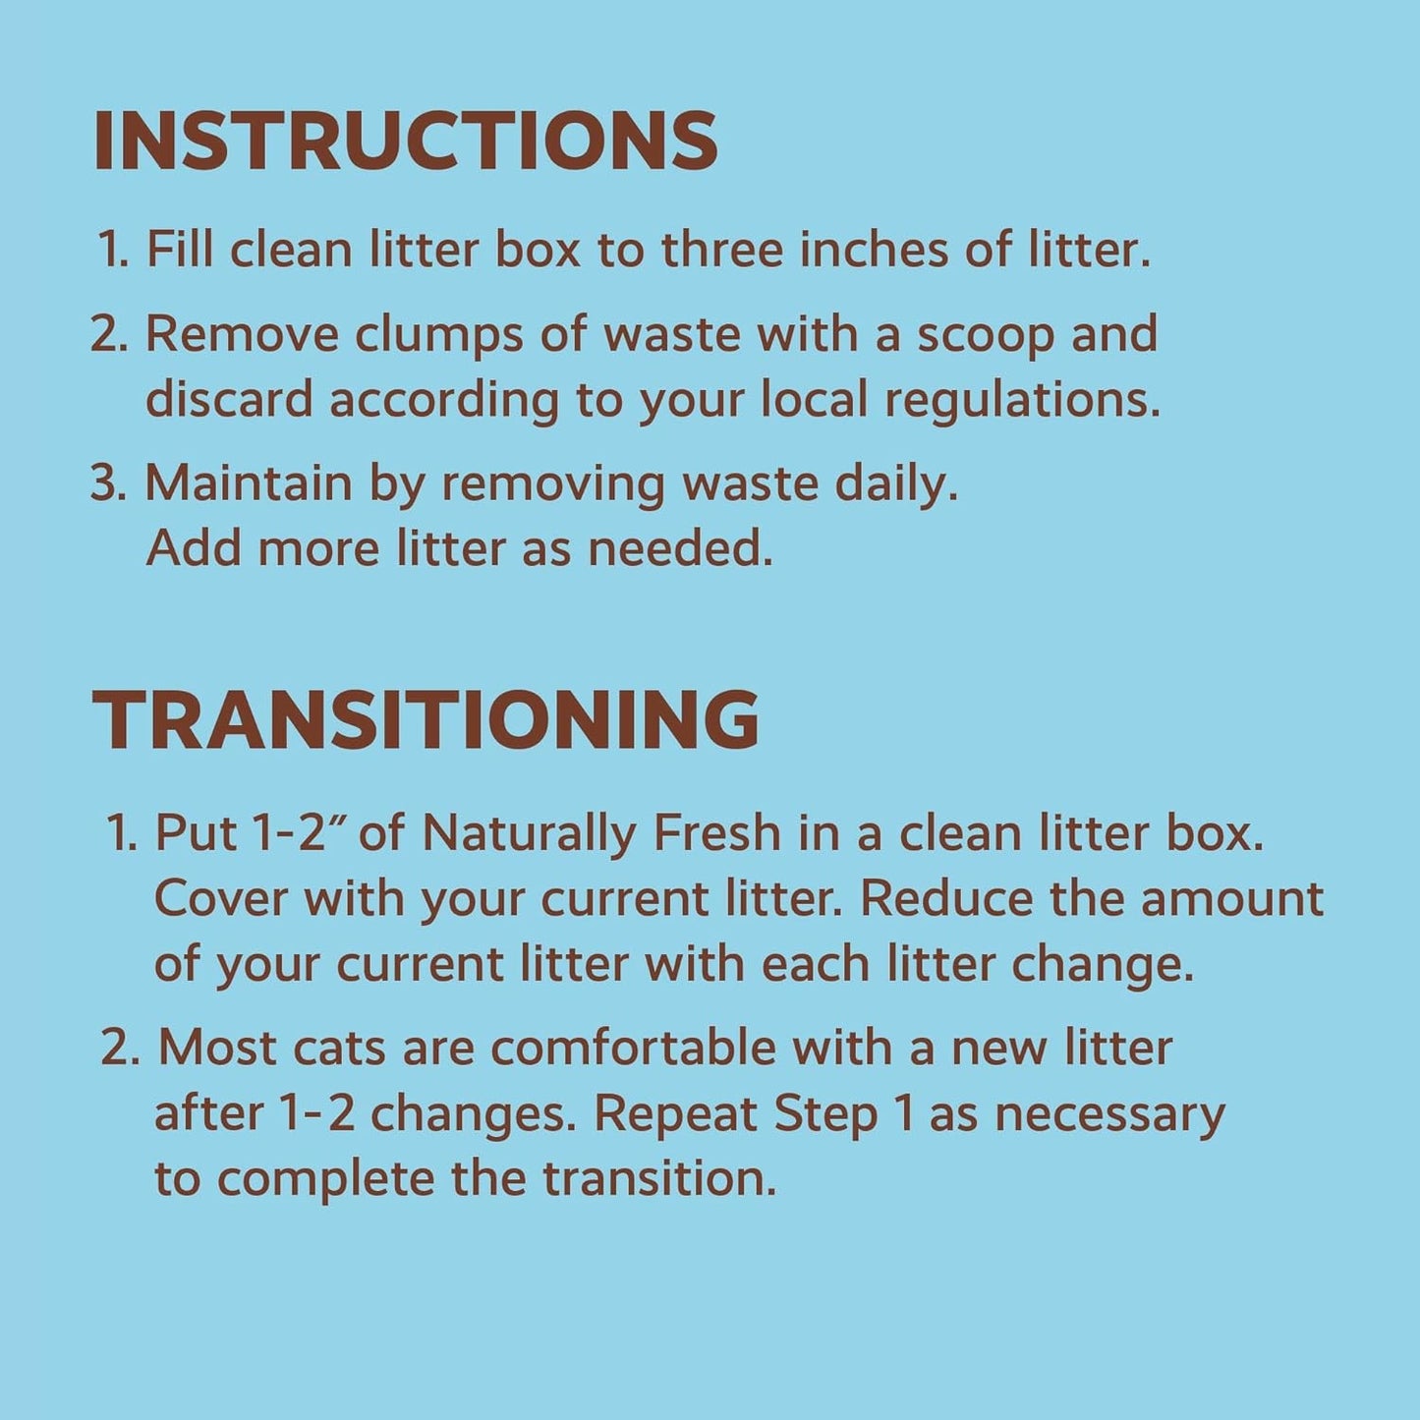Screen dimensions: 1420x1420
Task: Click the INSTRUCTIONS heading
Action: pyautogui.click(x=405, y=142)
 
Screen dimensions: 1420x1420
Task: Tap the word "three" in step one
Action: pyautogui.click(x=722, y=250)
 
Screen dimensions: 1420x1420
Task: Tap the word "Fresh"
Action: pyautogui.click(x=717, y=833)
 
